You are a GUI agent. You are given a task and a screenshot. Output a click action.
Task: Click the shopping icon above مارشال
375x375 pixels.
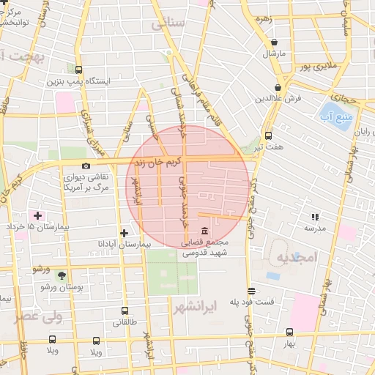(274, 42)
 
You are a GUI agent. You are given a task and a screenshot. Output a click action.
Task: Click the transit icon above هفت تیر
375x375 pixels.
(268, 135)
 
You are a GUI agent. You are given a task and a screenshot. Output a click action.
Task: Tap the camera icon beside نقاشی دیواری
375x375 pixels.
(86, 166)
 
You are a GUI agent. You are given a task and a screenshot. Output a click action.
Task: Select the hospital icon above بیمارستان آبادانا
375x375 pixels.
(124, 233)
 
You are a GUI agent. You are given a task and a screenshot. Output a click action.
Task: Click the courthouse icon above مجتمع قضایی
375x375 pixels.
(203, 232)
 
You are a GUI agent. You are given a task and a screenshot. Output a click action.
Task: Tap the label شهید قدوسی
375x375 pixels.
(204, 253)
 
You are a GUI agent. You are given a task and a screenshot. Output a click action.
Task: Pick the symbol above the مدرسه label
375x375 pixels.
(315, 217)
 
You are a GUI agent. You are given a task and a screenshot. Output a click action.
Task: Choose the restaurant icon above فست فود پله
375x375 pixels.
(251, 290)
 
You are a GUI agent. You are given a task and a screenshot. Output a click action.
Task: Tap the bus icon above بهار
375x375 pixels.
(289, 331)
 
